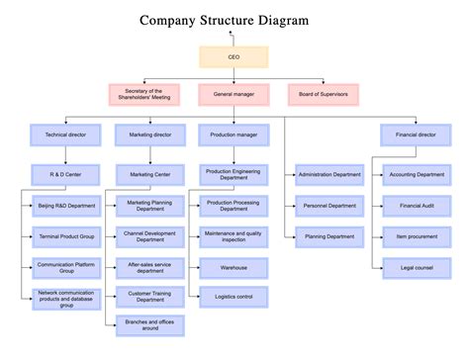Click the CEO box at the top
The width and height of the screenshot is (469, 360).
point(234,57)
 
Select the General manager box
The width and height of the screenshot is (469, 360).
point(234,95)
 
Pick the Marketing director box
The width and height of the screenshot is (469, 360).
point(148,135)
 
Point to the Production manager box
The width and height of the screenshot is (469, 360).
point(234,135)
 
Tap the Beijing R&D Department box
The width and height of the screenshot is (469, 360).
point(66,206)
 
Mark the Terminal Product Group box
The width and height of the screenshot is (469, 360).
point(66,236)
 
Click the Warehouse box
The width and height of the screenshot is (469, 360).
point(234,267)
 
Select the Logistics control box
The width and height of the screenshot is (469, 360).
point(234,297)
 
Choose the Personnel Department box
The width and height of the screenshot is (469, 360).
point(328,206)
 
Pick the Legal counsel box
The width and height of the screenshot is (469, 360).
point(416,267)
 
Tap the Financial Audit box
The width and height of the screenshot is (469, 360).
point(416,206)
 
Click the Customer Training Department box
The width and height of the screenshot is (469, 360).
point(150,297)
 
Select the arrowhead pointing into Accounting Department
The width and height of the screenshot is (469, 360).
point(381,175)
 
